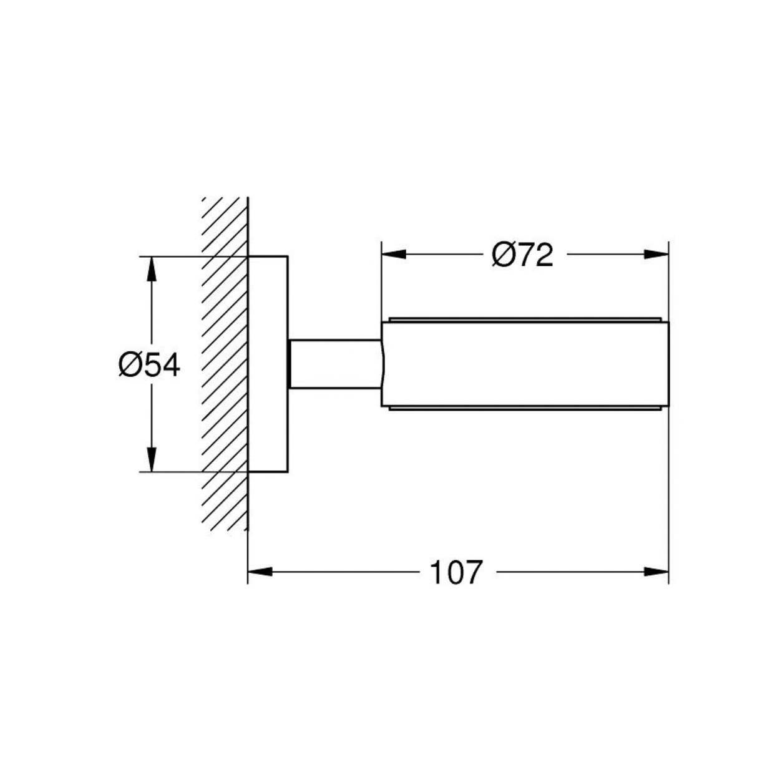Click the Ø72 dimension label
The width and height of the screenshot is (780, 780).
[x=522, y=255]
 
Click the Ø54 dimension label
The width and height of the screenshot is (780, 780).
[x=149, y=364]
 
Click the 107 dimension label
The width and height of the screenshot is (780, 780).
[x=456, y=572]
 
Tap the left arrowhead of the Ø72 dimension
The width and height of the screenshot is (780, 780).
[x=394, y=254]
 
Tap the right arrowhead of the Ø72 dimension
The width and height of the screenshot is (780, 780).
[x=656, y=254]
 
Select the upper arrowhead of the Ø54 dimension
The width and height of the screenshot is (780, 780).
[x=152, y=269]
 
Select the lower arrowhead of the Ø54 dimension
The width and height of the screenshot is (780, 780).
[x=152, y=459]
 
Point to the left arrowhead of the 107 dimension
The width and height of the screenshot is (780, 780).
[x=260, y=572]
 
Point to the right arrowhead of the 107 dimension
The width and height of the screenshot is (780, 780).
[x=656, y=572]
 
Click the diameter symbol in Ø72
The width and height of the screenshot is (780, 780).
[x=504, y=255]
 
